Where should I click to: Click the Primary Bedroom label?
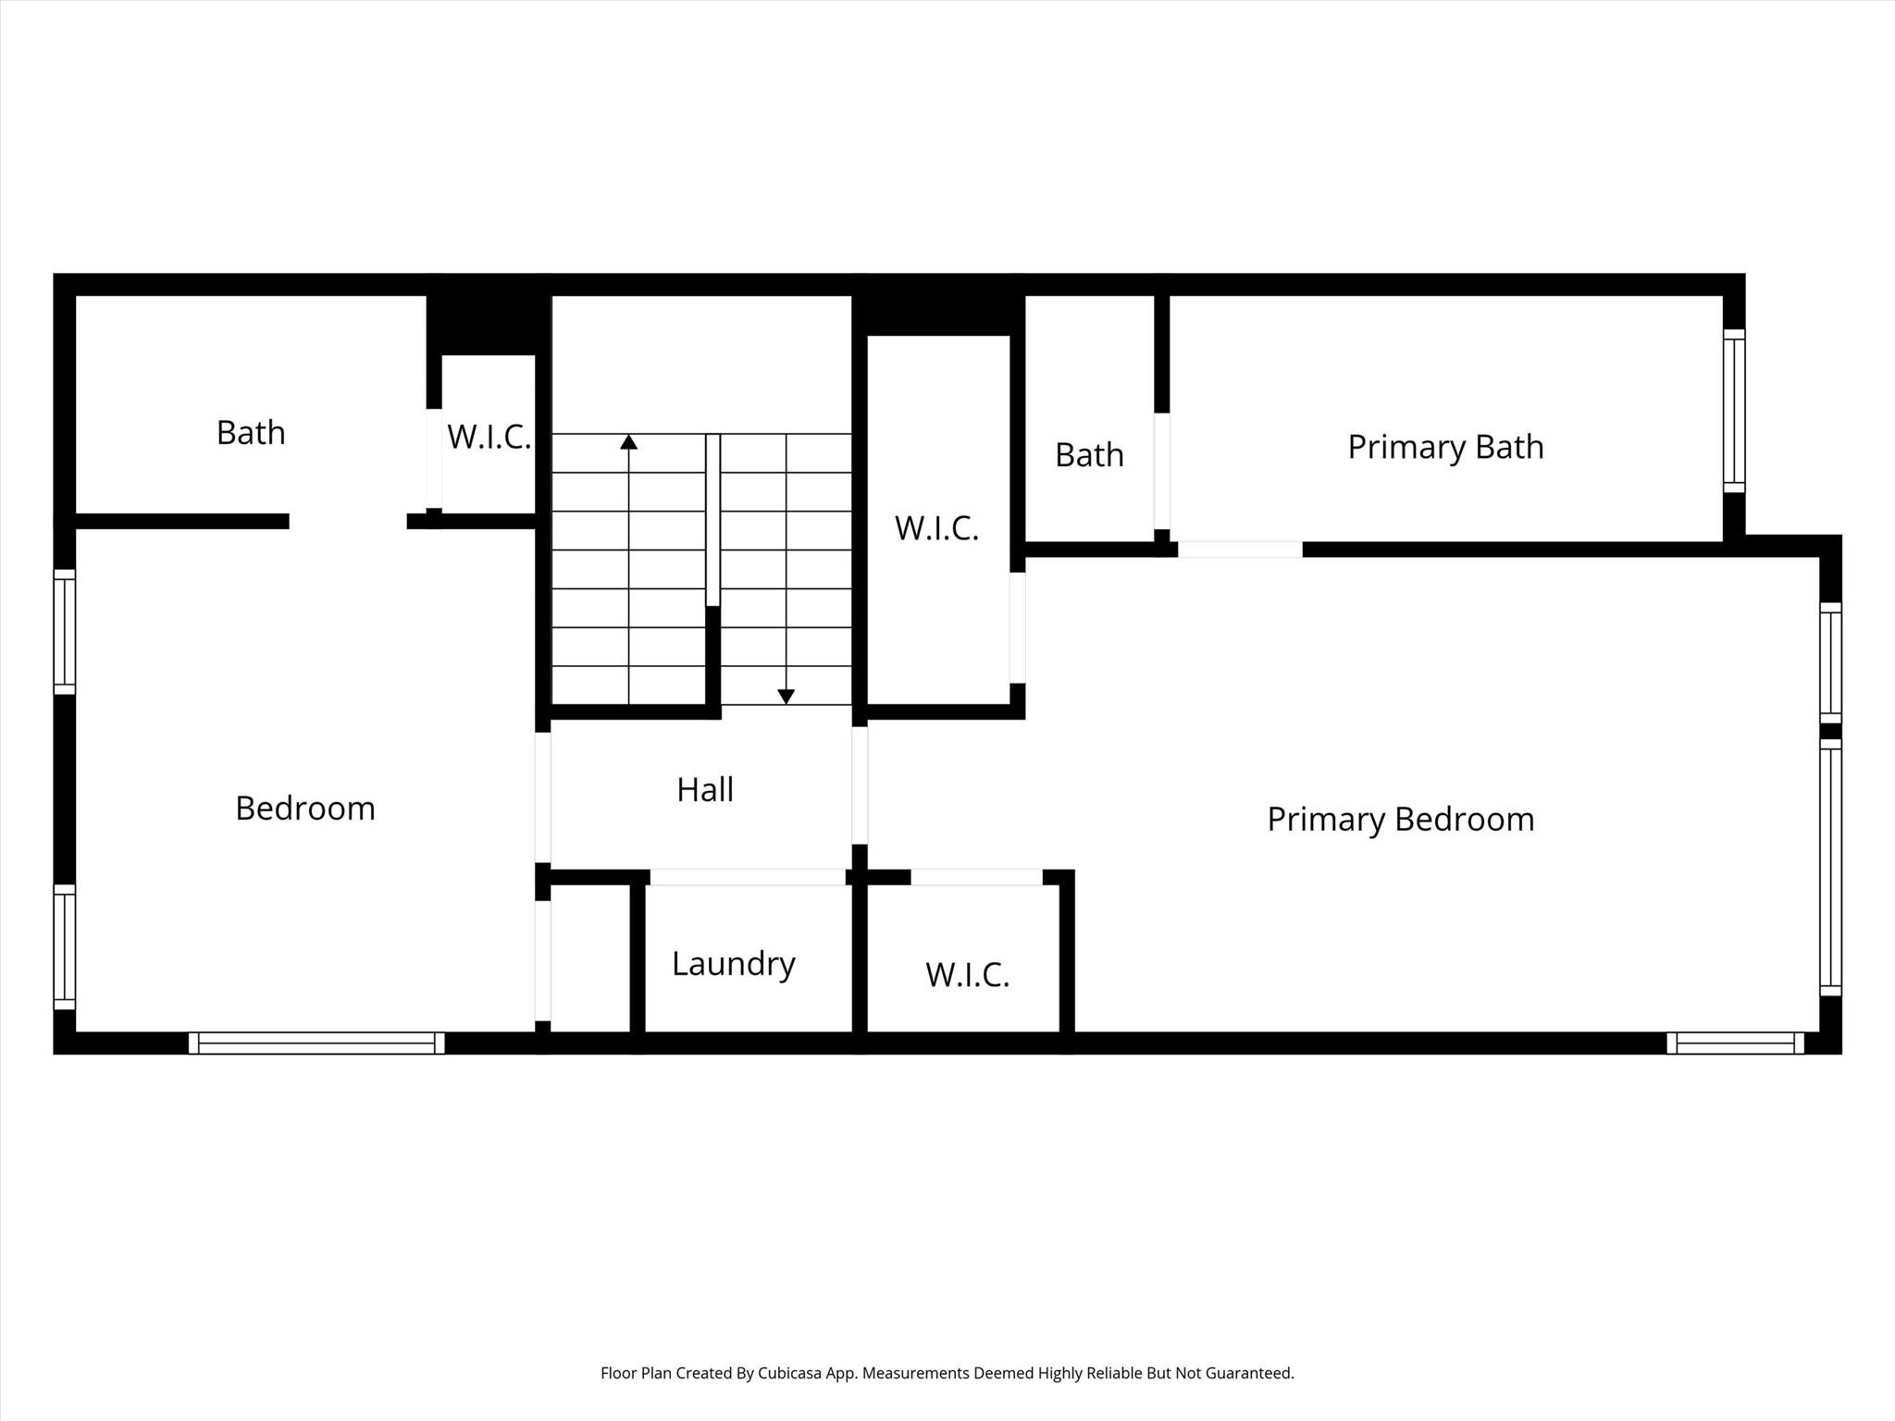pyautogui.click(x=1400, y=820)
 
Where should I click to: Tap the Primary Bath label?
pyautogui.click(x=1445, y=447)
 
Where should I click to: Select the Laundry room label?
pyautogui.click(x=733, y=964)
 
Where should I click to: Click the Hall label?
pyautogui.click(x=705, y=790)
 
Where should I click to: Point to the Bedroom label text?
pyautogui.click(x=304, y=809)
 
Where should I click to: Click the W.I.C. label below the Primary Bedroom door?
pyautogui.click(x=967, y=975)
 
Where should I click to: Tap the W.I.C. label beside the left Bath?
pyautogui.click(x=489, y=437)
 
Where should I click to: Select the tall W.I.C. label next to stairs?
pyautogui.click(x=936, y=528)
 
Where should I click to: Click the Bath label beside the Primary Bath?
pyautogui.click(x=1089, y=455)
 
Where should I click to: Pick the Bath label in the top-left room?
pyautogui.click(x=251, y=433)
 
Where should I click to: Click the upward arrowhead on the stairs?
pyautogui.click(x=629, y=441)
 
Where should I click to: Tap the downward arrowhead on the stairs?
pyautogui.click(x=786, y=697)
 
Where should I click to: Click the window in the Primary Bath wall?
pyautogui.click(x=1733, y=410)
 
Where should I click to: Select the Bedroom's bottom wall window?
pyautogui.click(x=316, y=1043)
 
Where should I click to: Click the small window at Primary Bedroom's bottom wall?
pyautogui.click(x=1735, y=1043)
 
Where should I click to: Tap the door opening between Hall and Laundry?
pyautogui.click(x=747, y=877)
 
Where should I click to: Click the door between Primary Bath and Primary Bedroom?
pyautogui.click(x=1240, y=550)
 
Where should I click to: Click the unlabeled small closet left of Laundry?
pyautogui.click(x=590, y=958)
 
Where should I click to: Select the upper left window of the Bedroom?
pyautogui.click(x=64, y=631)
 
